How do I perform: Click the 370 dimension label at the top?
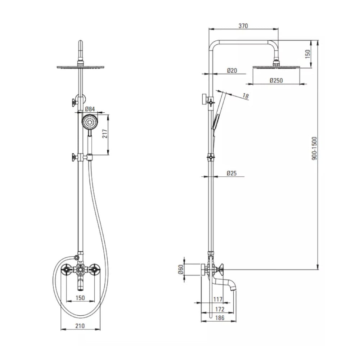point(243,26)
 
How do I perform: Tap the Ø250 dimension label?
point(276,81)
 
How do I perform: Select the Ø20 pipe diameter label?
point(232,71)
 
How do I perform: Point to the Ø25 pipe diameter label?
point(231,173)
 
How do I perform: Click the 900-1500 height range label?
point(314,148)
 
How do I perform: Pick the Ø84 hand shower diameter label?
point(90,109)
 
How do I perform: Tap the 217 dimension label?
point(105,134)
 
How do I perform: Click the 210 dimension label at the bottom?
point(80,326)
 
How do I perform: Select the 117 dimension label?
point(218,299)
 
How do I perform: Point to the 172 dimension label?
point(220,309)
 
